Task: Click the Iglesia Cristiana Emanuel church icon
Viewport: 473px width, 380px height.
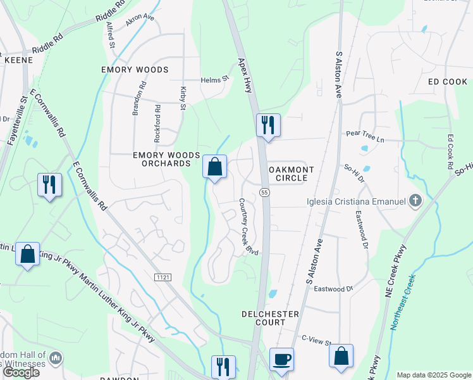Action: (x=415, y=202)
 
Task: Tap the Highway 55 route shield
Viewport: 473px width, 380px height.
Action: (x=264, y=193)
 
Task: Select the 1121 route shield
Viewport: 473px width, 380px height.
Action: (x=163, y=277)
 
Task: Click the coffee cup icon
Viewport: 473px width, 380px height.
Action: (x=282, y=358)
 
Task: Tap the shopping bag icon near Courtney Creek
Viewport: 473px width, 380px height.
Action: (x=214, y=167)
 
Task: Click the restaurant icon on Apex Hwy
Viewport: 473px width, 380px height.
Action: (x=268, y=125)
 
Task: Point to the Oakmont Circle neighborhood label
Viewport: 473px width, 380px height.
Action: (x=288, y=174)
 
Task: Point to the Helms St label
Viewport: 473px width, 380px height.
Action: (x=214, y=80)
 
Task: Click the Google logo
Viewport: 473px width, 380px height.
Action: (x=21, y=372)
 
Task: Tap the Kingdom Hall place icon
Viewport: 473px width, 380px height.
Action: (x=56, y=359)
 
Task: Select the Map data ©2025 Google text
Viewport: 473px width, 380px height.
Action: (x=433, y=375)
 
